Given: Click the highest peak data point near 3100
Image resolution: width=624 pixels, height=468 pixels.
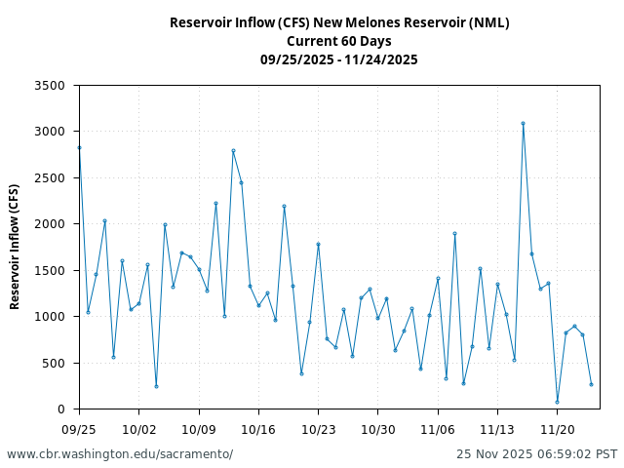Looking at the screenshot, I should (523, 123).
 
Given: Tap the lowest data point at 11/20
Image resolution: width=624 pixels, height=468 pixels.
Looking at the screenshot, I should (557, 402).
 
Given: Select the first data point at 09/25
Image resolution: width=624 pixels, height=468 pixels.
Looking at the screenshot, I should (79, 147).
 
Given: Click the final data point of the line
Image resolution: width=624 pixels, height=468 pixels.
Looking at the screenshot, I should (591, 384).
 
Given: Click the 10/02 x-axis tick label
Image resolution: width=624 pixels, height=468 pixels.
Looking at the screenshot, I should (138, 429).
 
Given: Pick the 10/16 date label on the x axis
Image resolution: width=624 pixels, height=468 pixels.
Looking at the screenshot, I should (258, 429).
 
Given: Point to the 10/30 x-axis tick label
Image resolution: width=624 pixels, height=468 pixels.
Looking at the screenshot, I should (378, 429).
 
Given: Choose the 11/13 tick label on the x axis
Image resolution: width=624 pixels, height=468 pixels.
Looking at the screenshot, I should (497, 429).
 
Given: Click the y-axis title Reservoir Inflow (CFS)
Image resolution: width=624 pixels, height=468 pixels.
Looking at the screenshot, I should (15, 247).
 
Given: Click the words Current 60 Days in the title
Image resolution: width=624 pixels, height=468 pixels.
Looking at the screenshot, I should (339, 41).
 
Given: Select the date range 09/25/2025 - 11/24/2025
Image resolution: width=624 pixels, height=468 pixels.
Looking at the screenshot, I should (339, 59).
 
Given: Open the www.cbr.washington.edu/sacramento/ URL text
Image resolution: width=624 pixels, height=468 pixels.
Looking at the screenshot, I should (120, 454).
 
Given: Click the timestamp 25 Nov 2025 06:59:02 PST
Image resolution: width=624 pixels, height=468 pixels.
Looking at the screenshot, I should (536, 454).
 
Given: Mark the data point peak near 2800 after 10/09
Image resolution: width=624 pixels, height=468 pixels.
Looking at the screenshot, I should (233, 150).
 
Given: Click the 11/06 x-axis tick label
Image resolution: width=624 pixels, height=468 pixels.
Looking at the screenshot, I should (438, 429).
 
